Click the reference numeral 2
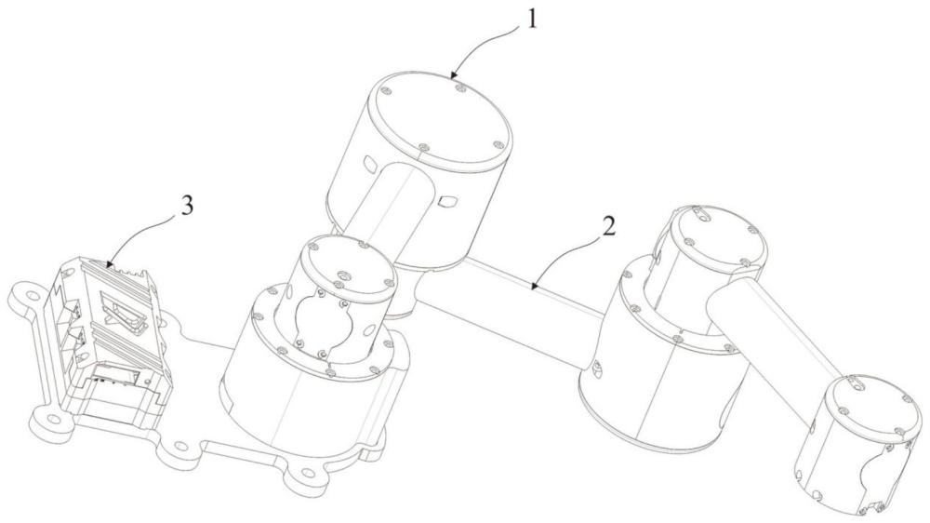click(x=608, y=227)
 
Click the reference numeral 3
click(x=186, y=206)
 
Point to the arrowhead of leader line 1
click(x=453, y=75)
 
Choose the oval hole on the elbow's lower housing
click(x=597, y=369)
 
